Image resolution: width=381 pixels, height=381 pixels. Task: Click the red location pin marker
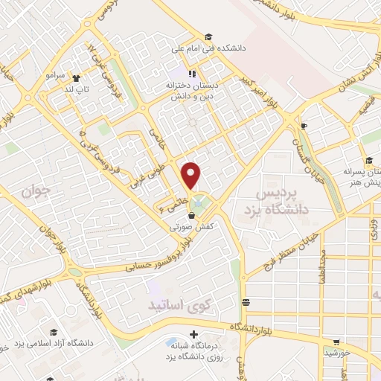coord(192,176)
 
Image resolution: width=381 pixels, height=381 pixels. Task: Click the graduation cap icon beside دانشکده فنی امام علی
coord(209,37)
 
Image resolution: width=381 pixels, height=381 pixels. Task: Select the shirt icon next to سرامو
coord(75,76)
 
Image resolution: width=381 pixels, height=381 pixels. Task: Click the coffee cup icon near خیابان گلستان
coord(303,127)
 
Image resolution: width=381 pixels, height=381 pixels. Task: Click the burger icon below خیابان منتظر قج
coord(246,301)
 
